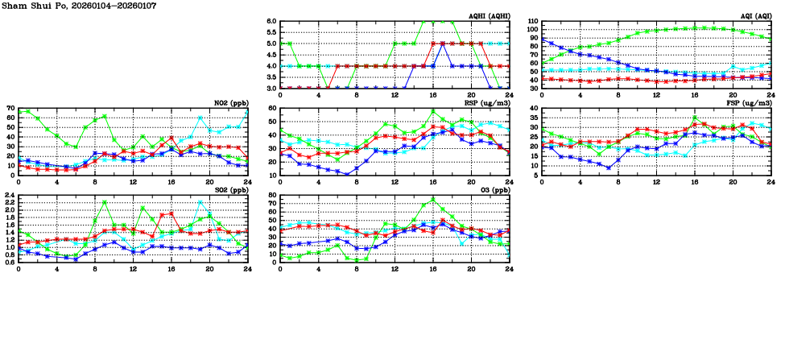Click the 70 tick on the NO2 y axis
pyautogui.click(x=10, y=107)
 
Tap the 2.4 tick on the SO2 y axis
pyautogui.click(x=9, y=195)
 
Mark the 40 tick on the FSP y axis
pyautogui.click(x=533, y=107)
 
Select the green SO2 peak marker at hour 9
pyautogui.click(x=105, y=202)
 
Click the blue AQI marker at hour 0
pyautogui.click(x=542, y=39)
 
